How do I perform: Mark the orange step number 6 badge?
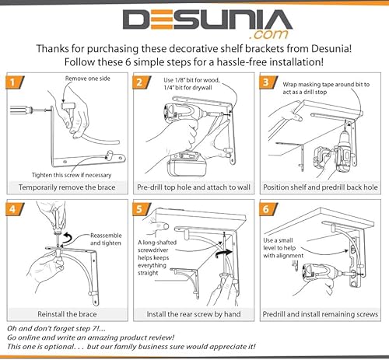(x=265, y=208)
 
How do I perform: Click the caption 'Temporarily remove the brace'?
(x=67, y=187)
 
